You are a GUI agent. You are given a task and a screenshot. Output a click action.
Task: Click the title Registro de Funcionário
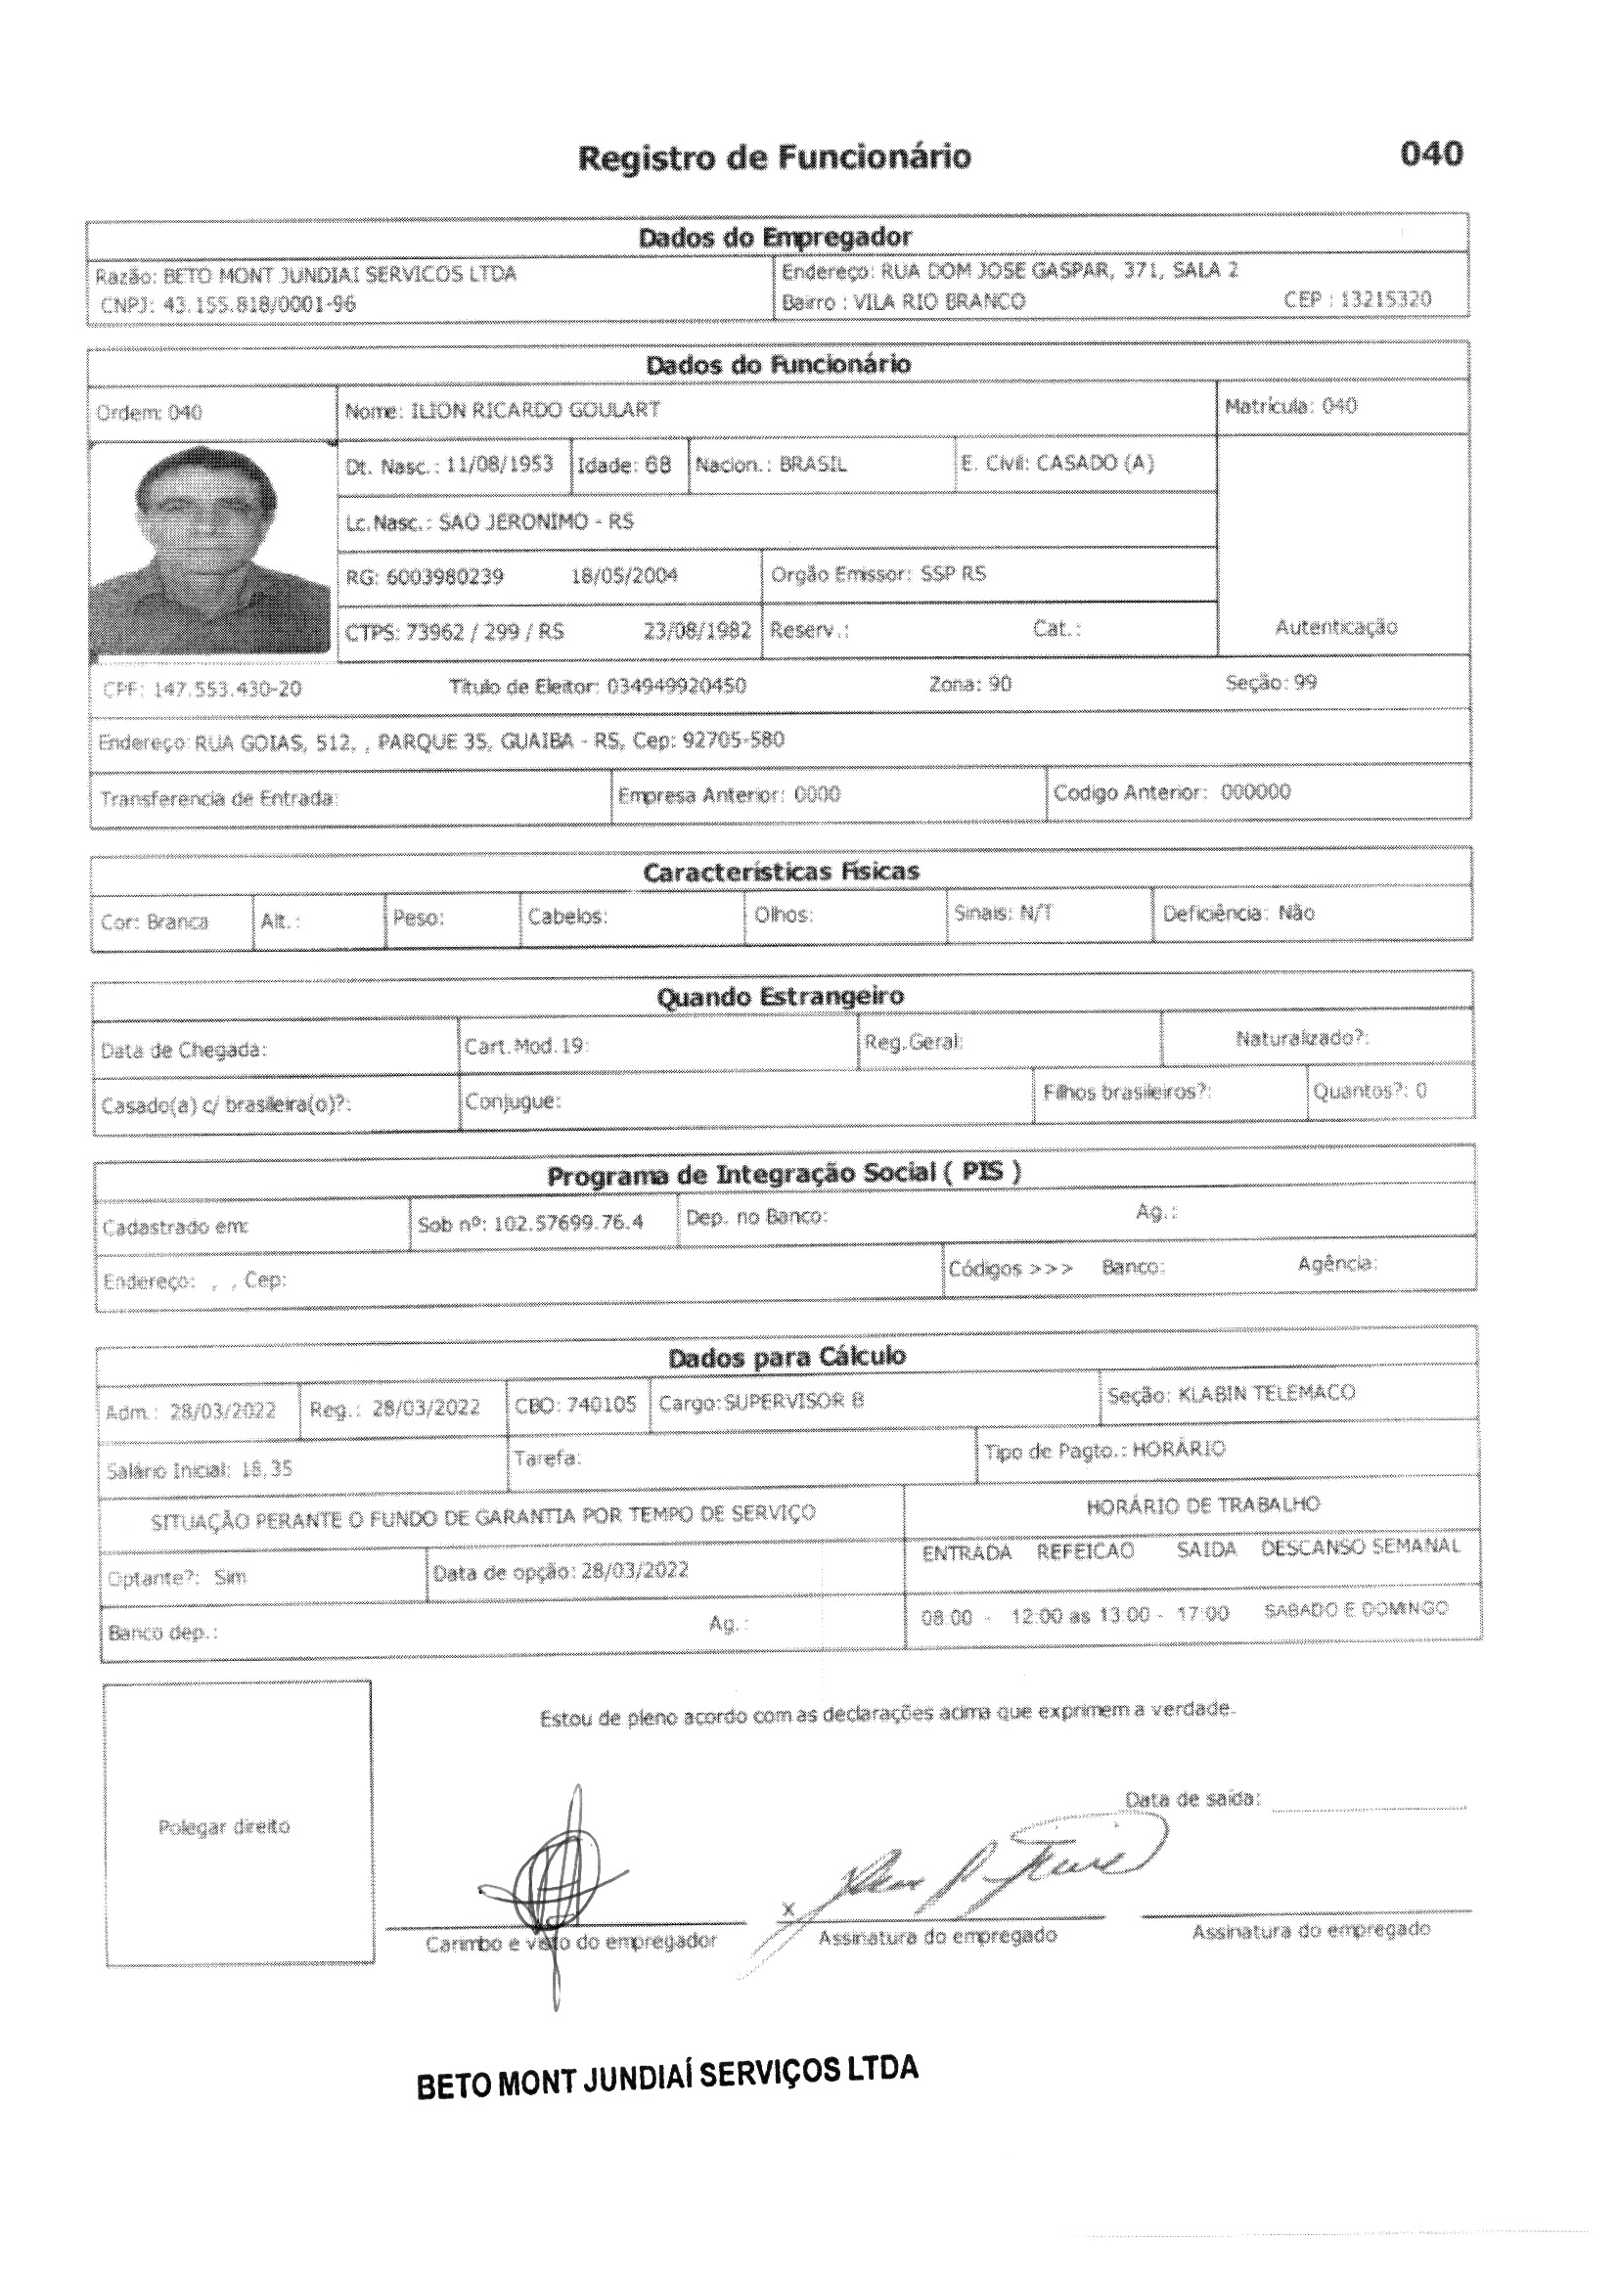[x=774, y=157]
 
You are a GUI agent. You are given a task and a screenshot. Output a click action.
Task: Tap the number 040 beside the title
[x=1431, y=154]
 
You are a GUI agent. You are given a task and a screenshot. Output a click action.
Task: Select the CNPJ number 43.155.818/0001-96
[x=258, y=305]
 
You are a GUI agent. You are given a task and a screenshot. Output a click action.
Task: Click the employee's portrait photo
[x=210, y=550]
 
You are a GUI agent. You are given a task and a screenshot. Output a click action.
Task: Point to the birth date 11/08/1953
[x=499, y=466]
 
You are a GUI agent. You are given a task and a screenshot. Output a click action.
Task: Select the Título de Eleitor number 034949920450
[x=677, y=687]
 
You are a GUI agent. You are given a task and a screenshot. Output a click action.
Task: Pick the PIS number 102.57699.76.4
[x=568, y=1223]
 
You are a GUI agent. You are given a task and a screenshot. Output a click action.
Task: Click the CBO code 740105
[x=601, y=1405]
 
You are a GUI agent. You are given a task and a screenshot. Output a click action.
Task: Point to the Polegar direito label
[x=224, y=1827]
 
